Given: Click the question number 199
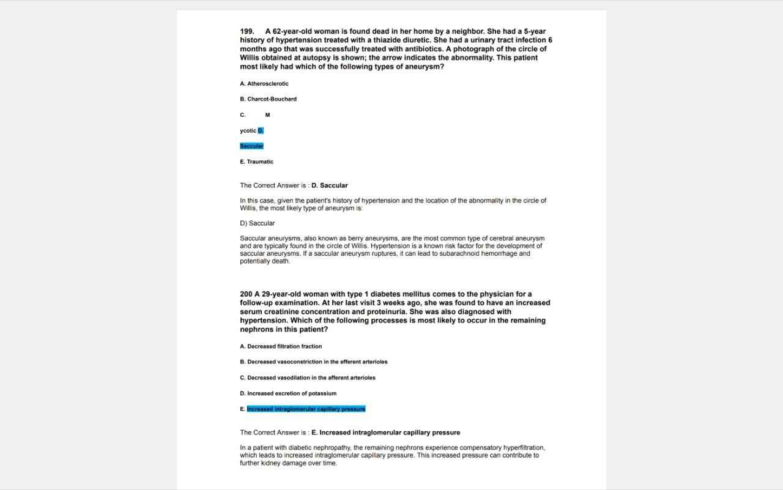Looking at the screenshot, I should pyautogui.click(x=247, y=31).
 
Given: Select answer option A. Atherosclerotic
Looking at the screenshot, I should pyautogui.click(x=264, y=84).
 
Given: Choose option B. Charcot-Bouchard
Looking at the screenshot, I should pyautogui.click(x=269, y=99).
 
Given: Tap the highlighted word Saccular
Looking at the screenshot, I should pyautogui.click(x=251, y=146).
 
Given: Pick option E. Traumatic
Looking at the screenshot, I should pyautogui.click(x=257, y=162).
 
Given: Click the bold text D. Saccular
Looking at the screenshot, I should pyautogui.click(x=329, y=185).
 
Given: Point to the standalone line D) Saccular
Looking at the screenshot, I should pyautogui.click(x=258, y=223).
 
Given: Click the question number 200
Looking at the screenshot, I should pyautogui.click(x=246, y=294).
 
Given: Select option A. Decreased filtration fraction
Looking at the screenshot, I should pyautogui.click(x=281, y=347).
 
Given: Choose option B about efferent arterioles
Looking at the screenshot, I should pyautogui.click(x=314, y=362).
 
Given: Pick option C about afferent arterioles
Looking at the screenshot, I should pyautogui.click(x=308, y=378).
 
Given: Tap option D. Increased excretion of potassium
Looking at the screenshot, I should pyautogui.click(x=288, y=394).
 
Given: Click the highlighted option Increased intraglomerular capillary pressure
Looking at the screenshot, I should pyautogui.click(x=306, y=409).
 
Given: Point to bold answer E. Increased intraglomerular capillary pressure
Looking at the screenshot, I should pyautogui.click(x=385, y=432).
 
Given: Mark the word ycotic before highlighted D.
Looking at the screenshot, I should pyautogui.click(x=248, y=131).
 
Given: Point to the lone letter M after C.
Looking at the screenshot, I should pyautogui.click(x=268, y=115).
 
